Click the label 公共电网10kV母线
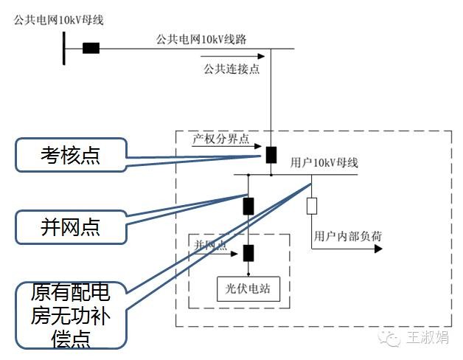pyautogui.click(x=58, y=19)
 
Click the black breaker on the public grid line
pyautogui.click(x=91, y=49)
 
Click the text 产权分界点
pyautogui.click(x=221, y=138)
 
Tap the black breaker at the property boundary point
pyautogui.click(x=271, y=154)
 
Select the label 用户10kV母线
pyautogui.click(x=324, y=162)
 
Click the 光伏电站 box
pyautogui.click(x=248, y=288)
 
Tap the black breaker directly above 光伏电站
pyautogui.click(x=248, y=253)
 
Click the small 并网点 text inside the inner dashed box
pyautogui.click(x=210, y=244)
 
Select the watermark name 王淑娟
pyautogui.click(x=427, y=338)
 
